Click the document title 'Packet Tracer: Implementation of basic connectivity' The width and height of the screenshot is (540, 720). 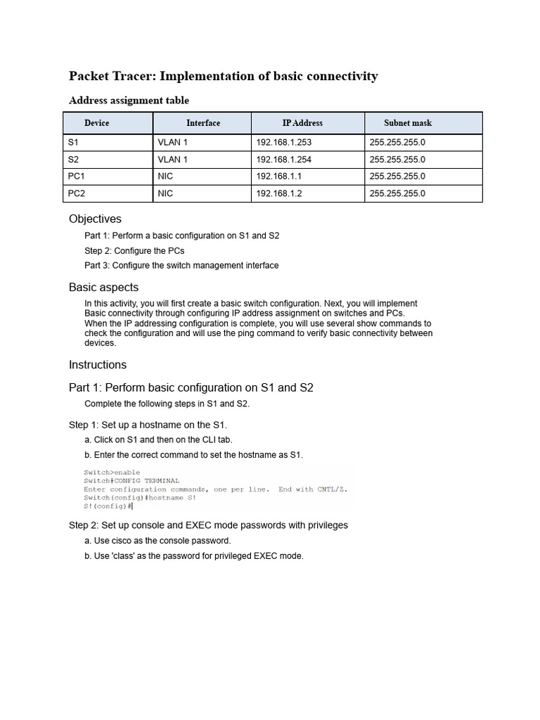coord(223,76)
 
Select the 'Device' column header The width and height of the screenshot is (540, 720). coord(97,123)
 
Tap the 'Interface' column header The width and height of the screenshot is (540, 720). coord(202,123)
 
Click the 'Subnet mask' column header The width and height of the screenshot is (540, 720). coord(408,123)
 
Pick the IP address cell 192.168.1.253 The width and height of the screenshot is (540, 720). coord(283,143)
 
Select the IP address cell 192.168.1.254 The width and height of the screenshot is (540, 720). coord(283,160)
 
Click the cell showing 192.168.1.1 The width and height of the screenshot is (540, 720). coord(278,176)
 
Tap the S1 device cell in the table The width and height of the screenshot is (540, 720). coord(74,143)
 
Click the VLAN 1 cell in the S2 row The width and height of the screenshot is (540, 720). coord(172,160)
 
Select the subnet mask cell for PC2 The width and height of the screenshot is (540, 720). coord(397,193)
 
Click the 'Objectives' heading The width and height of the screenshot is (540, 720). coord(95,219)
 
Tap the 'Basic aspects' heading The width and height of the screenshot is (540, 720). coord(103,288)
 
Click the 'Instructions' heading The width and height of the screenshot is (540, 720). coord(98,365)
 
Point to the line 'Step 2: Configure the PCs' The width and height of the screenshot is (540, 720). coord(134,251)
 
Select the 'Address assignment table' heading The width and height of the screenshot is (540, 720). coord(129,101)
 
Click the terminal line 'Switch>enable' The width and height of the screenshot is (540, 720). coord(112,472)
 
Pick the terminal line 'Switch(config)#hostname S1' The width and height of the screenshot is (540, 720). coord(139,498)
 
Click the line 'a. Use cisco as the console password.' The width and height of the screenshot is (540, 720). coord(157,541)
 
